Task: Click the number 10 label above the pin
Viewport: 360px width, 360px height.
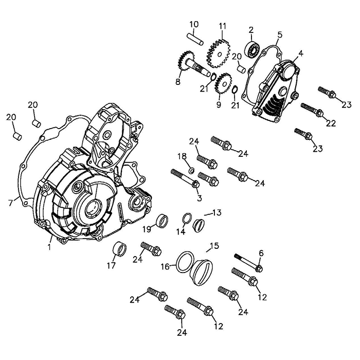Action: [x=194, y=24]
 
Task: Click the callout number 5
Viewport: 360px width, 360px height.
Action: [x=279, y=34]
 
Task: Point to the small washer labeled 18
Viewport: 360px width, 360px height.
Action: [x=190, y=170]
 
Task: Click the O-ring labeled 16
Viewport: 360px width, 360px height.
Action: [x=185, y=260]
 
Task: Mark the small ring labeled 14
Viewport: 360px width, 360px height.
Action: [x=188, y=219]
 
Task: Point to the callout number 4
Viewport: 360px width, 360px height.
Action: [x=300, y=52]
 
